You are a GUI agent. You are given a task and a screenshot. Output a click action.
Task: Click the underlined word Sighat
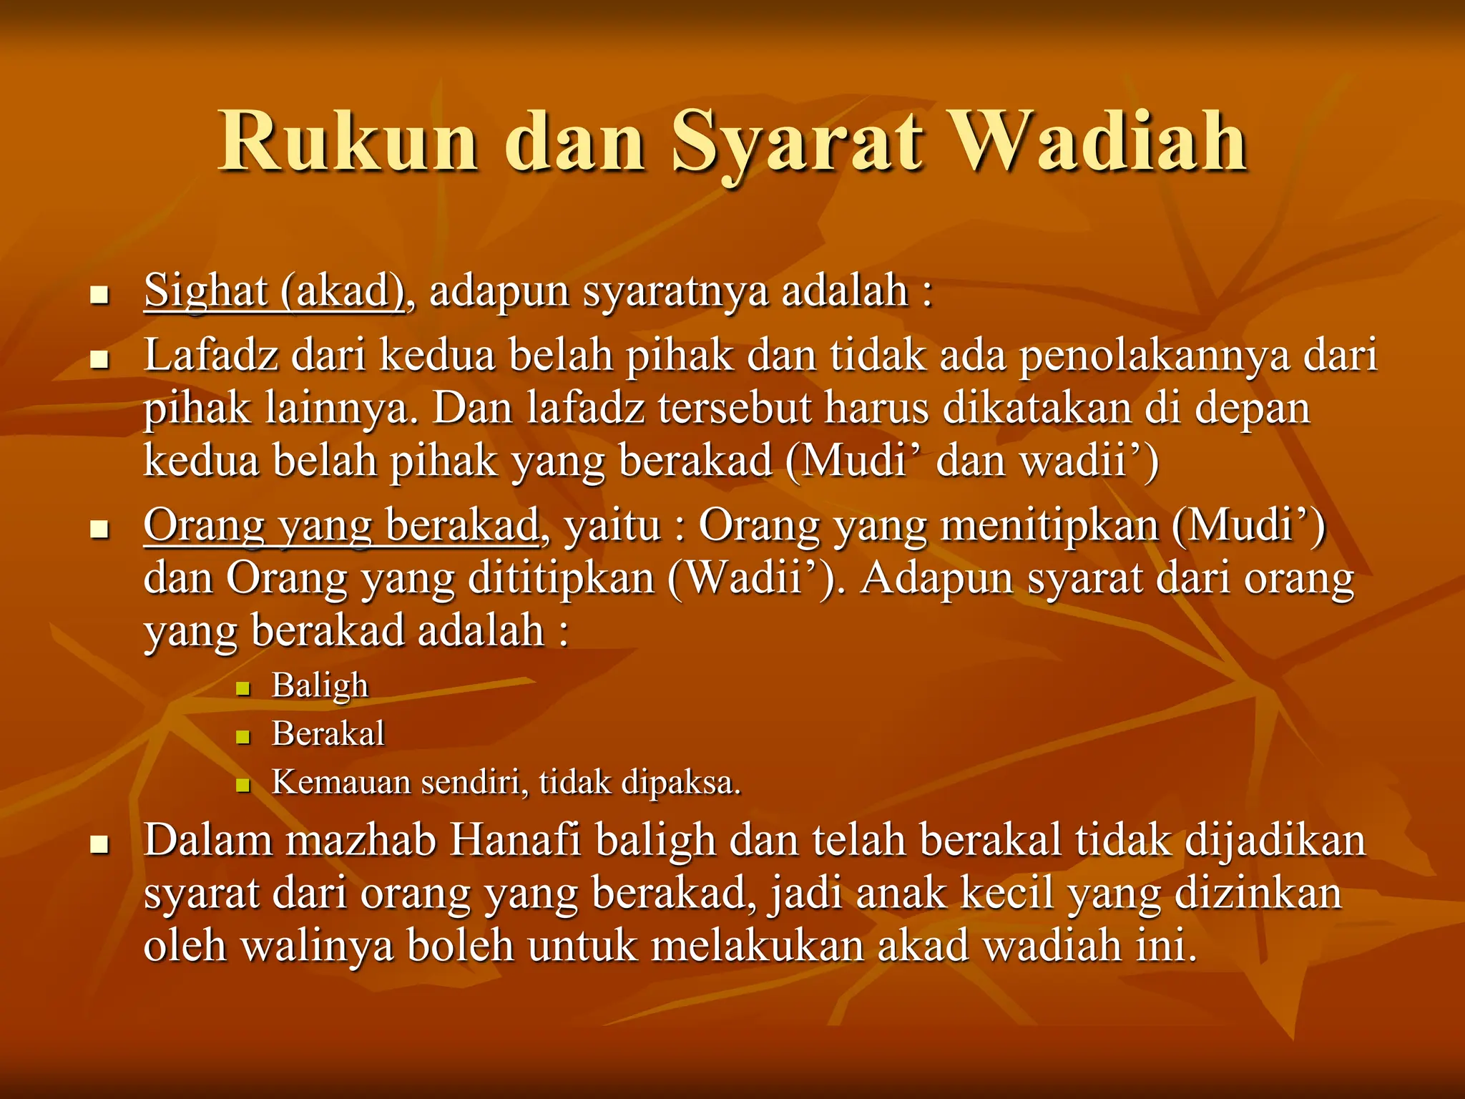206,291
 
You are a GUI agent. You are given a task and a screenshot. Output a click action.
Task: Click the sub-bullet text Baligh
320,685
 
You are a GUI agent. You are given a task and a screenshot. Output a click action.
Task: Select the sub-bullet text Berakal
328,733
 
